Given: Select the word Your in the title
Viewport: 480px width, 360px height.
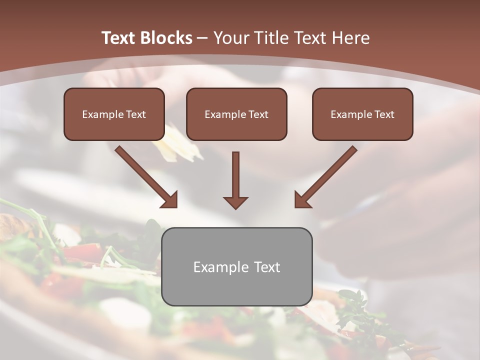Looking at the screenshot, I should [x=231, y=38].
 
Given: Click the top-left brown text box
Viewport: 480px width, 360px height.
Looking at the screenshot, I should [x=114, y=114].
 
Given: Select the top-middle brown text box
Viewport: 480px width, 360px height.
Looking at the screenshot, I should [x=236, y=114].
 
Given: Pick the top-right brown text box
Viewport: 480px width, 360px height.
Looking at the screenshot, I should [x=362, y=114].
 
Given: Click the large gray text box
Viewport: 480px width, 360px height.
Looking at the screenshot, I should [x=236, y=266].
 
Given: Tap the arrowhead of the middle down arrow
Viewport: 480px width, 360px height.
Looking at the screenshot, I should [x=235, y=202].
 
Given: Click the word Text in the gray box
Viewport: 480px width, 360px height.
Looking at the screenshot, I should [x=267, y=267].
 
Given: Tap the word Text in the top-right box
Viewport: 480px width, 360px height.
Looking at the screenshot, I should [x=384, y=114].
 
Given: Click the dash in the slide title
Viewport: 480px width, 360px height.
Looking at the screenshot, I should [x=202, y=38].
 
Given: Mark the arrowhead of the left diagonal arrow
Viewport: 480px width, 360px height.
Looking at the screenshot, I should [x=170, y=200].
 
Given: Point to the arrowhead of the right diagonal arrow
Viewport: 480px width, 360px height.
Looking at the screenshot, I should [x=302, y=200].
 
